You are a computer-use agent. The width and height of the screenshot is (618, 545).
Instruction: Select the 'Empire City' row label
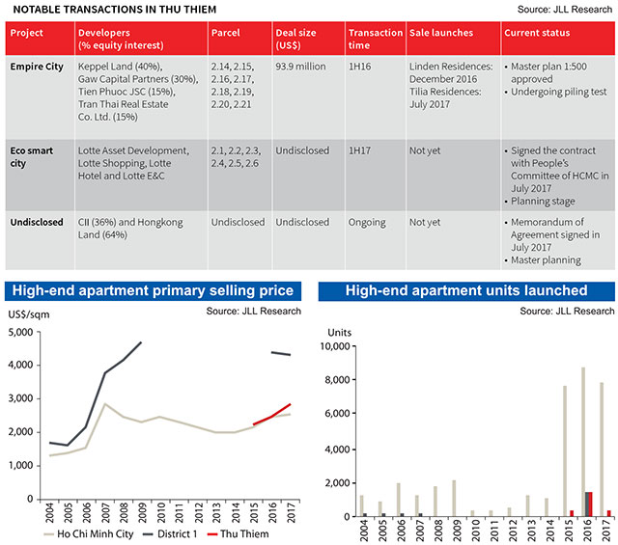point(38,67)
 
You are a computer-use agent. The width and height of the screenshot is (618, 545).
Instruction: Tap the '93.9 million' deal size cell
point(302,67)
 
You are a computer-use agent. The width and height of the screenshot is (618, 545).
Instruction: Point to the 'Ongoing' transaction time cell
point(368,222)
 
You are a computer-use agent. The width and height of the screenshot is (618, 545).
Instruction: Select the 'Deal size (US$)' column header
point(299,40)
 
